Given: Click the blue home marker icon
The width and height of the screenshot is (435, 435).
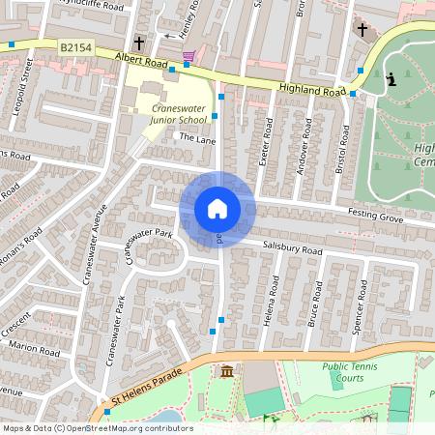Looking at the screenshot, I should [x=217, y=208].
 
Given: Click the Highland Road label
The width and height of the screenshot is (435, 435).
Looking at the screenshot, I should [x=311, y=90].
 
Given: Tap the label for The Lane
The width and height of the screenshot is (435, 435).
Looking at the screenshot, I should [x=196, y=139].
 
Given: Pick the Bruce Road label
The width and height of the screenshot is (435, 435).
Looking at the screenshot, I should [x=314, y=305].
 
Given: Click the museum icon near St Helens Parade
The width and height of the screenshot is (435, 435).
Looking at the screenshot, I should [x=226, y=372].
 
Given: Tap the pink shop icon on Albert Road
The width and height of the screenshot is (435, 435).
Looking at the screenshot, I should [x=188, y=56].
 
